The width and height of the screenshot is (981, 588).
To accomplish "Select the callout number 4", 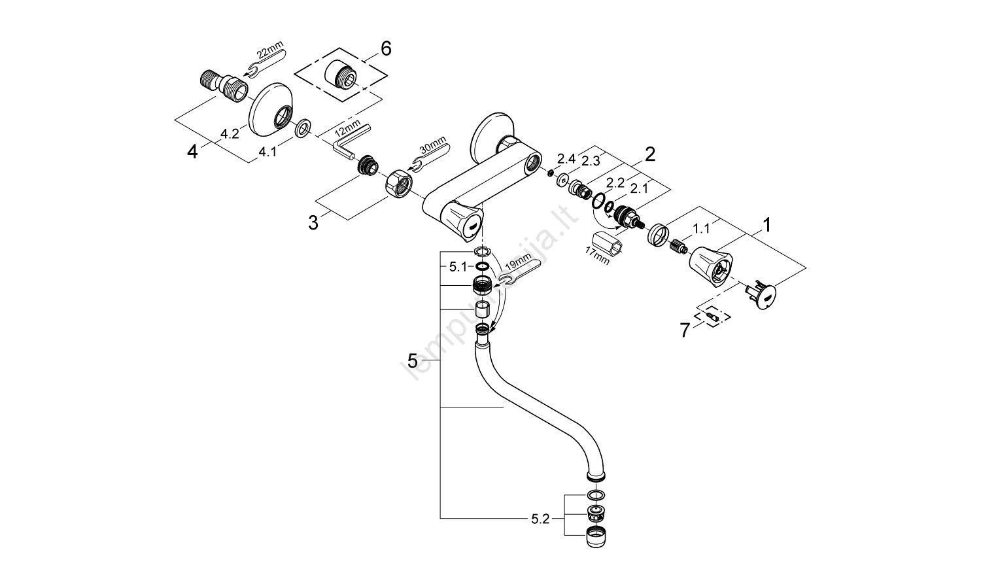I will [x=192, y=152].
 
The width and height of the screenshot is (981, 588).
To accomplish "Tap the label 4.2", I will [x=229, y=133].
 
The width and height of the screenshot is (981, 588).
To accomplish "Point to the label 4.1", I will [x=267, y=152].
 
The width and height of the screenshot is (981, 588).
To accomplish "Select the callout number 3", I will [x=313, y=222].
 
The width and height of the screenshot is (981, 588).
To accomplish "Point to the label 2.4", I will [x=566, y=158].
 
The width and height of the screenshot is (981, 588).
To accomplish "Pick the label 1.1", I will [x=702, y=228].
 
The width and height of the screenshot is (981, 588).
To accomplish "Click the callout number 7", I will [x=685, y=331].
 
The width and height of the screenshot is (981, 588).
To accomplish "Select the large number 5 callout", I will [x=413, y=360].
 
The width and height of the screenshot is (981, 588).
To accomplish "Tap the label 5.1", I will [x=458, y=266].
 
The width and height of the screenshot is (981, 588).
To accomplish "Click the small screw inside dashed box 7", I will [x=715, y=317].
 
